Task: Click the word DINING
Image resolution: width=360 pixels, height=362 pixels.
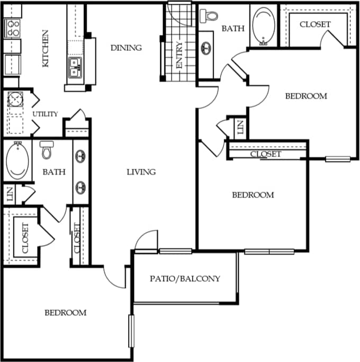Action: click(x=126, y=48)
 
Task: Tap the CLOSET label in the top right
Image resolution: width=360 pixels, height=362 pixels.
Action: click(x=315, y=24)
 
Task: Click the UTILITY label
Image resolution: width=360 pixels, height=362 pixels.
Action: click(x=45, y=114)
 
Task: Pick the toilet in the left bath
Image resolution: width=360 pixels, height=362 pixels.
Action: click(x=46, y=151)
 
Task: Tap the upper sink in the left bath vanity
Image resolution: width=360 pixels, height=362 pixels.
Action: click(x=81, y=157)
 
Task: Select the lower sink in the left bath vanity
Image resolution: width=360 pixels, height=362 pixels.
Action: click(x=81, y=187)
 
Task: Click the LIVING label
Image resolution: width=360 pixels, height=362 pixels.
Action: click(x=141, y=171)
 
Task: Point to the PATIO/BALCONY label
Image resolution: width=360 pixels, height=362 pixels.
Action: click(x=184, y=278)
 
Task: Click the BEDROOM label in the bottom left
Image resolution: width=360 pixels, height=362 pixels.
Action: click(x=65, y=313)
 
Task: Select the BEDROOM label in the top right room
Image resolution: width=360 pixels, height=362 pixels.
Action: click(x=306, y=96)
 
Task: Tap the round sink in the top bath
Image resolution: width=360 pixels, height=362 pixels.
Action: click(x=205, y=47)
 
